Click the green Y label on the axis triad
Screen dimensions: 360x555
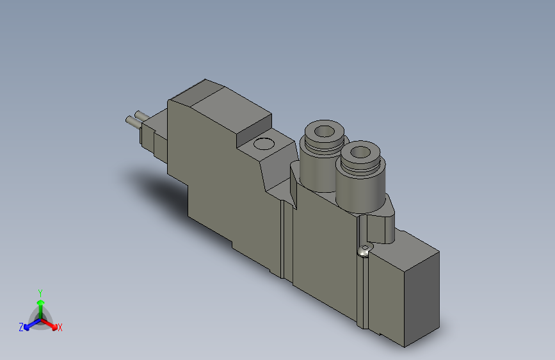pos(40,291)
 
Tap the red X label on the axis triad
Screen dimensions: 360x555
pos(60,327)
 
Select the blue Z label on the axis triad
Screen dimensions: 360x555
pos(21,327)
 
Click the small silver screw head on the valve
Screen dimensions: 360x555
pos(366,250)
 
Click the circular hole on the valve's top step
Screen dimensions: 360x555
pos(263,143)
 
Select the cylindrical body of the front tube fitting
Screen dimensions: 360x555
pos(360,187)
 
